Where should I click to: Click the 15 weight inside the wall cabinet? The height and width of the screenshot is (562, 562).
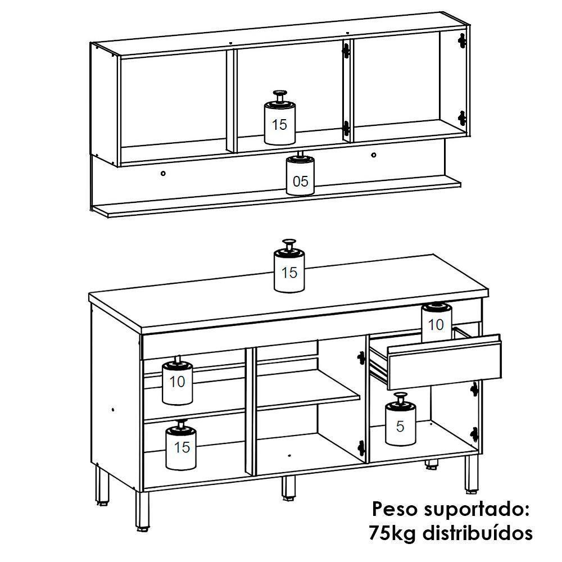279,123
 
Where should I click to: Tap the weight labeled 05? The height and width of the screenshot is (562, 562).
301,179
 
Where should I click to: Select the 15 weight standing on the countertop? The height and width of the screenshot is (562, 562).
289,271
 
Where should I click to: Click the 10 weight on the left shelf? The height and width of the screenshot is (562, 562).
177,382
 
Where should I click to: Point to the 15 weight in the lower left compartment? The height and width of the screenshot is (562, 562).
182,447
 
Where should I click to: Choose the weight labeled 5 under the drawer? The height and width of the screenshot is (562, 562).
400,425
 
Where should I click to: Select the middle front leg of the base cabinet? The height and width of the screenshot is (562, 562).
288,487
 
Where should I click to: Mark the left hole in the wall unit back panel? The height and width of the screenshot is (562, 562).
163,174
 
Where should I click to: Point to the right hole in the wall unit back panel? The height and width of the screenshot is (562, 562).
373,154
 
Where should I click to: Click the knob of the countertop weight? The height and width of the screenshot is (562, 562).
289,244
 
